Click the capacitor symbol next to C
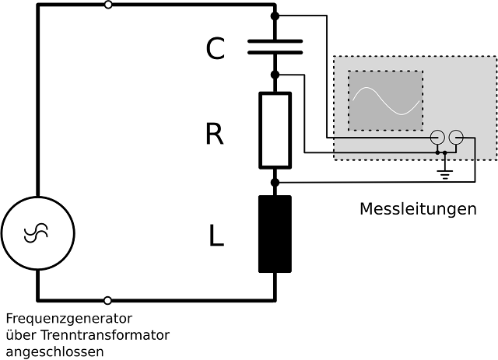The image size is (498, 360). [275, 46]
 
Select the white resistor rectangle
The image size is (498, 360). [275, 130]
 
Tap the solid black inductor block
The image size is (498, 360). [275, 234]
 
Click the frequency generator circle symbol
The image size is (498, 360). [37, 232]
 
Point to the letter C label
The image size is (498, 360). [216, 50]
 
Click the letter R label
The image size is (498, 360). [215, 135]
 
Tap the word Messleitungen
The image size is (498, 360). [418, 210]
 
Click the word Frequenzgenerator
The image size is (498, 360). [69, 319]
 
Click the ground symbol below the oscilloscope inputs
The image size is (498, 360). [445, 173]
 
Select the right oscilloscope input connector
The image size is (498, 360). [457, 138]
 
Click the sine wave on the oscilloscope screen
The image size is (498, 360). [386, 100]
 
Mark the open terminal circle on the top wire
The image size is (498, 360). [107, 5]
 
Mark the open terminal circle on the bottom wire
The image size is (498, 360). [107, 299]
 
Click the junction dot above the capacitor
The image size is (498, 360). [275, 16]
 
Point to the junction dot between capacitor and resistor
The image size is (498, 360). [275, 75]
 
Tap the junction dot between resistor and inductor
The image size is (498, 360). [275, 182]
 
